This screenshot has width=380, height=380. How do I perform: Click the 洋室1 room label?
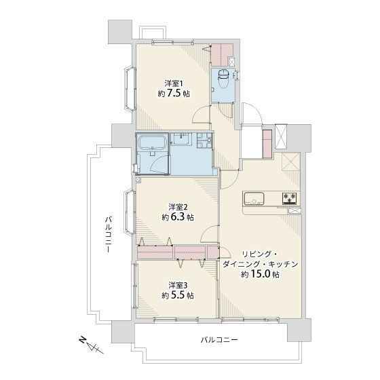click(x=174, y=84)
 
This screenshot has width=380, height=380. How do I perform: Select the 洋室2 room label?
click(x=178, y=207)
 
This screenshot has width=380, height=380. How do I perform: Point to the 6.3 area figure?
click(x=178, y=217)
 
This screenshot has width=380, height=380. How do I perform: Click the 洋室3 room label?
click(x=178, y=285)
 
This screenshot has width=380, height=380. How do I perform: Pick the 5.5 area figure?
click(x=178, y=295)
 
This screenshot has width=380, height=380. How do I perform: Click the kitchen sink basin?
click(x=254, y=198)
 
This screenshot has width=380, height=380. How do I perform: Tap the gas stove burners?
click(x=289, y=197)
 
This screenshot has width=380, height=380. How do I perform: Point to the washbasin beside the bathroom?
click(x=183, y=139)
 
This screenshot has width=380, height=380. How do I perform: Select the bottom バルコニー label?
click(x=219, y=340)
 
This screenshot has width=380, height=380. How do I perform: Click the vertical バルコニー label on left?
click(x=109, y=235)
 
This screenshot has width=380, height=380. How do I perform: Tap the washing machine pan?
click(x=204, y=140)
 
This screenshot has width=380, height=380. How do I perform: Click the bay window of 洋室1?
click(x=130, y=89)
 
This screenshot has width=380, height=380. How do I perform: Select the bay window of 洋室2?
click(x=130, y=212)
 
